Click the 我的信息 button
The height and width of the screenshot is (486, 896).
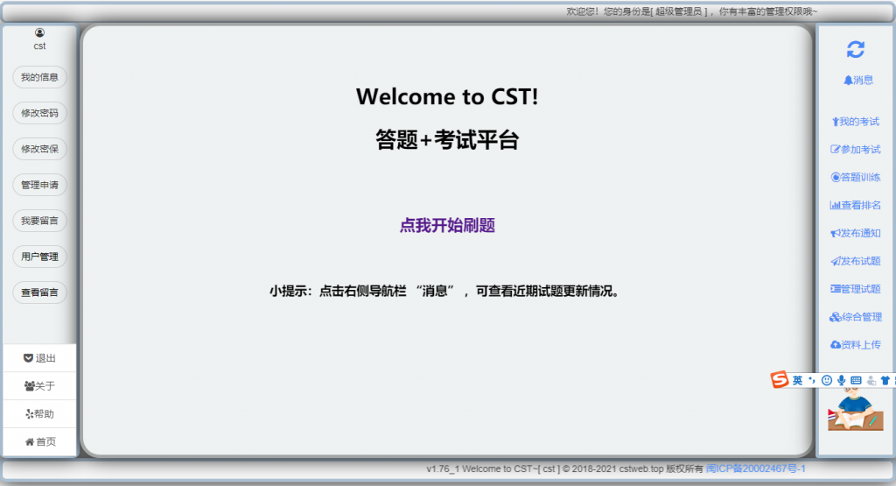[39, 77]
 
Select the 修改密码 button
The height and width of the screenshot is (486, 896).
[39, 113]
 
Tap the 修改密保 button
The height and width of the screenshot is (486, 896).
[39, 149]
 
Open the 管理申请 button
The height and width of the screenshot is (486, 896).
[39, 186]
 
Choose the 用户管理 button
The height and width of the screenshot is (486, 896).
[39, 257]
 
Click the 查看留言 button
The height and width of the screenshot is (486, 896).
[39, 292]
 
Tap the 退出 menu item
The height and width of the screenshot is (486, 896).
[39, 358]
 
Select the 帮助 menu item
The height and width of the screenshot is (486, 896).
[39, 414]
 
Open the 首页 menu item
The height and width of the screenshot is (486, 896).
[39, 442]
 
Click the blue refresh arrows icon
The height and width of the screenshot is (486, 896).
[856, 50]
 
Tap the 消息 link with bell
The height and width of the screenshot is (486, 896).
[858, 80]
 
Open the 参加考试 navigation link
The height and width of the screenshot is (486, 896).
[856, 150]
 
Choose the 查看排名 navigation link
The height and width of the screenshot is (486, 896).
[856, 205]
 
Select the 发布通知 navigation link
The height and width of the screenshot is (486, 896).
[856, 233]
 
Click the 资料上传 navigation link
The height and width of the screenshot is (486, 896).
[856, 345]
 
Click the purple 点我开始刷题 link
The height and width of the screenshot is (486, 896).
[447, 225]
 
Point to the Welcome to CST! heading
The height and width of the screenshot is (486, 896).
[447, 96]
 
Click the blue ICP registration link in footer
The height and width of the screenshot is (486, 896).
[755, 468]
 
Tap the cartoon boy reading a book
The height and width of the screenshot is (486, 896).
[856, 410]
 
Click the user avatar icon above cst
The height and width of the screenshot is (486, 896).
[39, 32]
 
